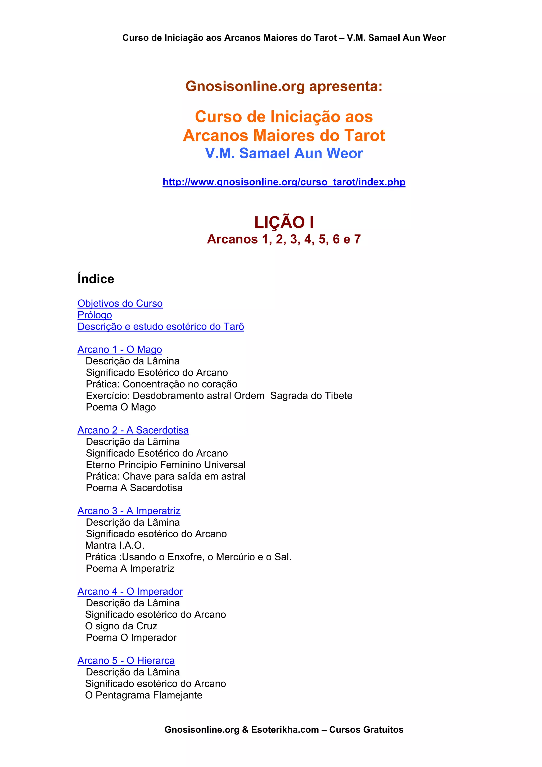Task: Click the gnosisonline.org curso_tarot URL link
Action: tap(284, 182)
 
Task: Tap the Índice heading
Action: tap(96, 279)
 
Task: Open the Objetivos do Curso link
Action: tap(120, 303)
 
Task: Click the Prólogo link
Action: tap(94, 315)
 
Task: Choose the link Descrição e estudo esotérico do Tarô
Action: tap(161, 326)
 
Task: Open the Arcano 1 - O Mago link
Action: tap(120, 349)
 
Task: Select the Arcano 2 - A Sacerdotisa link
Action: tap(133, 430)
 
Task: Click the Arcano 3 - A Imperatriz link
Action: tap(129, 511)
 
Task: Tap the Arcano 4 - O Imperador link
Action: tap(130, 592)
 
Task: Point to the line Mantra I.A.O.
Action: tap(115, 545)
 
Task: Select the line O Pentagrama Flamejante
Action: tap(144, 696)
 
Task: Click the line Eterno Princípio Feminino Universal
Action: tap(165, 465)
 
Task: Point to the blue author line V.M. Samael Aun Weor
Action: tap(284, 153)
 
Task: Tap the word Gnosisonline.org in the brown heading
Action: tap(245, 86)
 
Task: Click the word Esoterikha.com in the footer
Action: tap(285, 730)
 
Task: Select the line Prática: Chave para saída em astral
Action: tap(165, 476)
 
